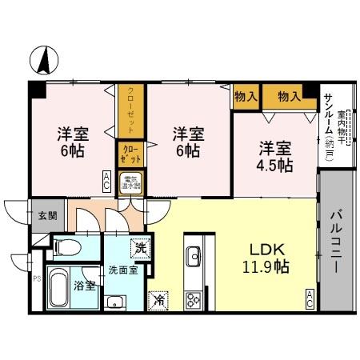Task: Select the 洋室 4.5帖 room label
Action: pos(274,158)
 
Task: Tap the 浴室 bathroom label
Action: pos(85,284)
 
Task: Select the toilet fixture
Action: pos(67,246)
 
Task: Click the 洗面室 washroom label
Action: pos(123,270)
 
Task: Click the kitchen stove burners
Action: pos(194,300)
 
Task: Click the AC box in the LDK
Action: pos(310,301)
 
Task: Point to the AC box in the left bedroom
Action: pos(106,182)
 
